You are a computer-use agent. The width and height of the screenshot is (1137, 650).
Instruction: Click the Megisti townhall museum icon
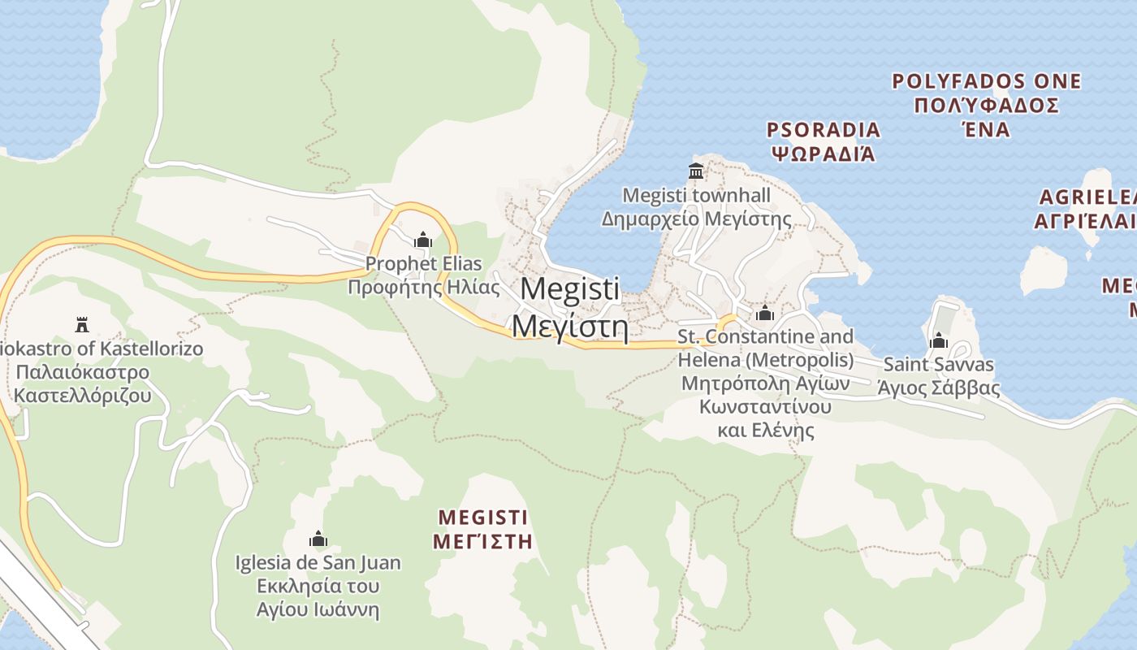click(696, 171)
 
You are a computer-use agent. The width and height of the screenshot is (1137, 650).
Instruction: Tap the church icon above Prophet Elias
click(422, 240)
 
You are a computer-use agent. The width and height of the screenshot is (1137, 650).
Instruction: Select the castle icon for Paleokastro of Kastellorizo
click(81, 325)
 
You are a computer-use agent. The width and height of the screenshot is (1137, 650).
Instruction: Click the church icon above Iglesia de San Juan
click(318, 539)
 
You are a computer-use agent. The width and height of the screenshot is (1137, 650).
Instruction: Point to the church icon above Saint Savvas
click(939, 340)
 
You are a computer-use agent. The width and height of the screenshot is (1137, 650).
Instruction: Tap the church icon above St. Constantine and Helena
click(764, 314)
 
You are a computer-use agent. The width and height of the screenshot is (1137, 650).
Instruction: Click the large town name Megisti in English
click(569, 288)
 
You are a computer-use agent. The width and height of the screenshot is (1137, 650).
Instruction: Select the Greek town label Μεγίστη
click(569, 327)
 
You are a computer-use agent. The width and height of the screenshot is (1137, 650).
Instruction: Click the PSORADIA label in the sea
click(824, 130)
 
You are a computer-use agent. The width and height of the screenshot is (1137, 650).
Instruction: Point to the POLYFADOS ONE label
click(986, 81)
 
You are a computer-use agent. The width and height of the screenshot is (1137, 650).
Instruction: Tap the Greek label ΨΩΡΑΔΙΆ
click(824, 153)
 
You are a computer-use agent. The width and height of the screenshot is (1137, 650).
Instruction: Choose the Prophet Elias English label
click(423, 264)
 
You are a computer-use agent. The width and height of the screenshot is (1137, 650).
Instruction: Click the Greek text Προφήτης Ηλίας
click(423, 287)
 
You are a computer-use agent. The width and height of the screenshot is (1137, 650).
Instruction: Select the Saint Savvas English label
click(938, 365)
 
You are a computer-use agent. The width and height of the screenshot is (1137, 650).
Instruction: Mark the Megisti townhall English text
click(696, 195)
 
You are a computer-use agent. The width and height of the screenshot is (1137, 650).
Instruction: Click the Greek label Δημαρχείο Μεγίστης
click(696, 219)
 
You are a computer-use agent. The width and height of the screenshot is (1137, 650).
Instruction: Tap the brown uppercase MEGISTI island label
click(483, 518)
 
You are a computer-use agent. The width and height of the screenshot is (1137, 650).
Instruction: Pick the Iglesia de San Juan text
click(318, 562)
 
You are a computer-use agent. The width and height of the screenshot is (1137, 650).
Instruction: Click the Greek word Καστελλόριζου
click(83, 396)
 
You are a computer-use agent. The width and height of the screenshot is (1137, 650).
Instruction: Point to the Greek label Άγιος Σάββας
click(938, 388)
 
